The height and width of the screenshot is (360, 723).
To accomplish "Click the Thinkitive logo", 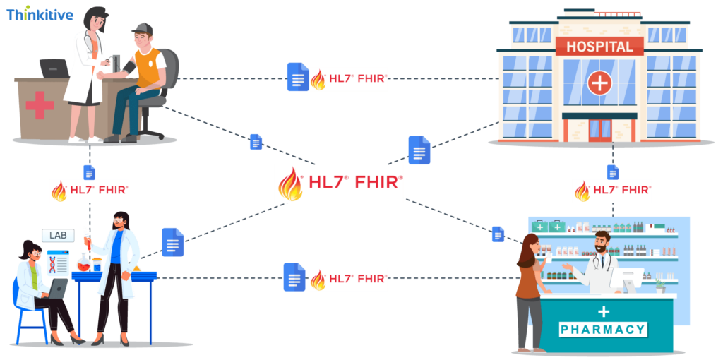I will [x=40, y=13].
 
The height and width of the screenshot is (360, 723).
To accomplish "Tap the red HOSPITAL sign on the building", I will [x=599, y=47].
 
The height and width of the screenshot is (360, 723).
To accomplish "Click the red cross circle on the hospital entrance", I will [x=599, y=83].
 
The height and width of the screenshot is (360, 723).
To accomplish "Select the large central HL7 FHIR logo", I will [x=340, y=184].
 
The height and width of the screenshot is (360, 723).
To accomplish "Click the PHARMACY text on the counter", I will [x=603, y=330].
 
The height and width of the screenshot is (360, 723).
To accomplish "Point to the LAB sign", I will [x=57, y=235].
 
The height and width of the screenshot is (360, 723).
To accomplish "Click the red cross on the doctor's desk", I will [x=40, y=106].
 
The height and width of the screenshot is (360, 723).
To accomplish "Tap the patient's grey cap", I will [x=142, y=28].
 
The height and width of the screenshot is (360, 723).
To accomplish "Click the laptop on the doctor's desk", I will [x=54, y=68].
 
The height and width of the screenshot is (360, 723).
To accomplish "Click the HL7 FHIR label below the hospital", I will [x=612, y=191].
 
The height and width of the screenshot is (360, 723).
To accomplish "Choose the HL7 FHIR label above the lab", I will [x=89, y=191].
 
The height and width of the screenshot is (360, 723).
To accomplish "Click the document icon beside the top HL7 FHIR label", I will [x=297, y=77].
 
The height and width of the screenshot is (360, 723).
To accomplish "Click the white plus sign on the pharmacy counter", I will [x=603, y=311].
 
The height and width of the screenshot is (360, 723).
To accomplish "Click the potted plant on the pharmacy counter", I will [x=659, y=285].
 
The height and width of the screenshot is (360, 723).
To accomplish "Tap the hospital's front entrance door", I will [x=599, y=130].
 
